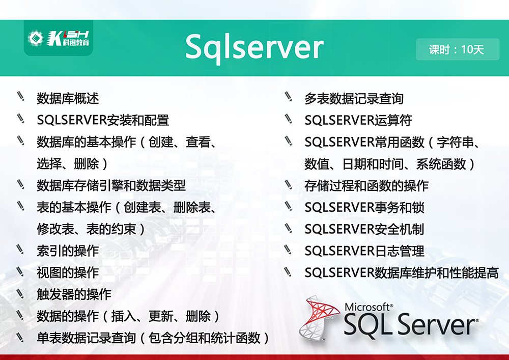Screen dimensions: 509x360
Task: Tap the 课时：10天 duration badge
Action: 458,49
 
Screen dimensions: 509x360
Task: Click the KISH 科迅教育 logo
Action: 59,38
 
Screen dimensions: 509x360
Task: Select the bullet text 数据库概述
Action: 68,98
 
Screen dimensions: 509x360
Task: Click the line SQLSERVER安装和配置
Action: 103,120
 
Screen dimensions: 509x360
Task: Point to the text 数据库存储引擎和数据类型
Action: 111,185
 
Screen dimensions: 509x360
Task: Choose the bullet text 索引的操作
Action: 68,251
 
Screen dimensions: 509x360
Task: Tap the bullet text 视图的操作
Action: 68,272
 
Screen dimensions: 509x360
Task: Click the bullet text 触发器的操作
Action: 74,294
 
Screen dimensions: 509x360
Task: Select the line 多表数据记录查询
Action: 354,98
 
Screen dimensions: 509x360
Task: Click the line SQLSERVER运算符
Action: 358,120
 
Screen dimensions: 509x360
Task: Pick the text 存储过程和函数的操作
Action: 366,185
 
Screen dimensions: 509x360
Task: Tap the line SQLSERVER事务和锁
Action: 364,207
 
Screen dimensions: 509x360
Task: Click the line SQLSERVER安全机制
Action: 364,229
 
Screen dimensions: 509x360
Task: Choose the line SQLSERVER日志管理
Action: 364,251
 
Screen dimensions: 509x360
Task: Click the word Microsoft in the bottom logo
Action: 369,307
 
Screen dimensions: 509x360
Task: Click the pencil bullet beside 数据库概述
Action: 21,96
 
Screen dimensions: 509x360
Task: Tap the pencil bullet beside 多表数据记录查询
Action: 288,96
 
